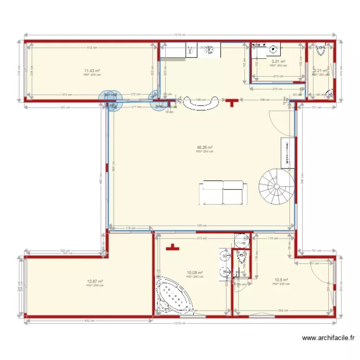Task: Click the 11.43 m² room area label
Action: coord(92,70)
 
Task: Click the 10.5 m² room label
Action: coord(281,280)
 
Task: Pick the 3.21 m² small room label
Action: coord(278,61)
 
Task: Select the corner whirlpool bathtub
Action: coord(172,294)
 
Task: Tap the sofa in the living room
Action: coord(222,192)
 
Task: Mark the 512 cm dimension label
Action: coord(90,47)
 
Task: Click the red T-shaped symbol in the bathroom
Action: coord(171,248)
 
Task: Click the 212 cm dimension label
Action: coord(278,76)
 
